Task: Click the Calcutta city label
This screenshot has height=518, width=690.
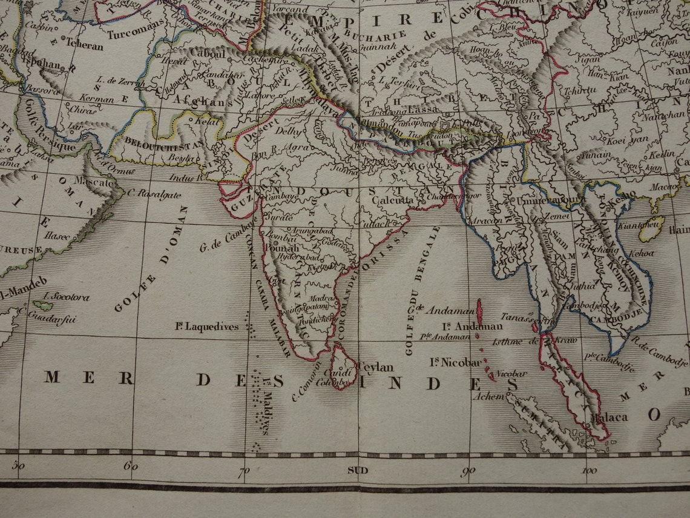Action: (x=393, y=200)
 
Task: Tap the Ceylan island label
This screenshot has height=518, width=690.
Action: (x=376, y=367)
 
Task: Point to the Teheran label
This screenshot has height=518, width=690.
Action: (x=84, y=44)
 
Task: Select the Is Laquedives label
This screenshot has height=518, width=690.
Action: (x=207, y=327)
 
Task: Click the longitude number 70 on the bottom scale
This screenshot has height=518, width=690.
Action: (x=243, y=471)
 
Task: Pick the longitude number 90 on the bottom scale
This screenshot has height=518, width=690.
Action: (x=467, y=471)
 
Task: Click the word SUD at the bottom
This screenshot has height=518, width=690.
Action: (x=358, y=470)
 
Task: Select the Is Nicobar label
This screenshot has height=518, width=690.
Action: (x=456, y=362)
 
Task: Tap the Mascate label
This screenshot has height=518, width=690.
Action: (x=94, y=181)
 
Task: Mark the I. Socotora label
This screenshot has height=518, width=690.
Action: (x=67, y=297)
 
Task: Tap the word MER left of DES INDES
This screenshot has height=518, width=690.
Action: (x=88, y=378)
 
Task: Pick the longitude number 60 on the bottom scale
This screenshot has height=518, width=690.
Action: (x=131, y=467)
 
